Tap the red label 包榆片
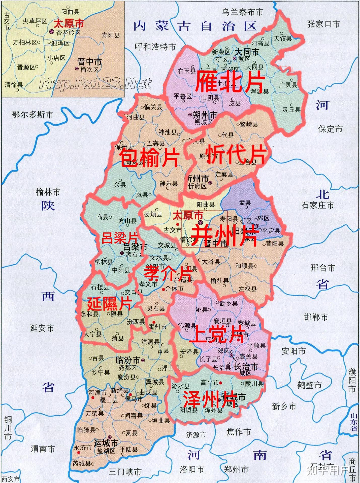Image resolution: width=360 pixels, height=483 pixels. (x=149, y=157)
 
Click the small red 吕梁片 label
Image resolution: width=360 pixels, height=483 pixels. (x=120, y=238)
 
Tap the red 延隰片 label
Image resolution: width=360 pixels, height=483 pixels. (x=109, y=304)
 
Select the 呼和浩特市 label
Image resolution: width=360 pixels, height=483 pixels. (x=155, y=47)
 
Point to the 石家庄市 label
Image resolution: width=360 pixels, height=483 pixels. (x=318, y=205)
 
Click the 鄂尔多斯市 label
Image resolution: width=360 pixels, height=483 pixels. (x=32, y=115)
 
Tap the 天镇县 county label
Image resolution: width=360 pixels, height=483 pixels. (x=283, y=38)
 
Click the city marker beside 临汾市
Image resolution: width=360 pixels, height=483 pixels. (x=143, y=360)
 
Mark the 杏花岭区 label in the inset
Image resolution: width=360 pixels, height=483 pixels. (x=68, y=33)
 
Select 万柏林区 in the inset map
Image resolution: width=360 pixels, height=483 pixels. (x=25, y=43)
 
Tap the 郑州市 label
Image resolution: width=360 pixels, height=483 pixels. (x=236, y=469)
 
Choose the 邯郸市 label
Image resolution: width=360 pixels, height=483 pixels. (x=316, y=317)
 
